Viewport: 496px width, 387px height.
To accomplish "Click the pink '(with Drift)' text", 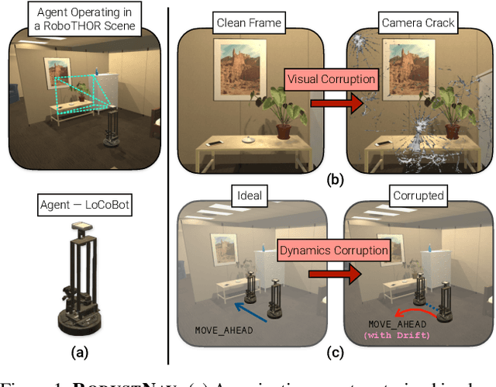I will pyautogui.click(x=399, y=334).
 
